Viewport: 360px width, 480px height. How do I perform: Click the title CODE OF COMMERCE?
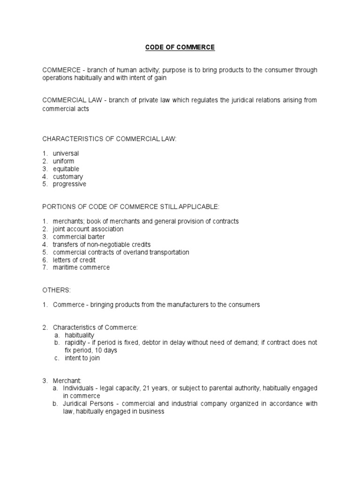click(180, 47)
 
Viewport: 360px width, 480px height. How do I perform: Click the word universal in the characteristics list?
click(66, 153)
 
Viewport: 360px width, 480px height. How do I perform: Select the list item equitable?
click(66, 169)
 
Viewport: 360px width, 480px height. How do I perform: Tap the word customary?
click(68, 177)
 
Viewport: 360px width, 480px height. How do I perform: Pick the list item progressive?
click(69, 184)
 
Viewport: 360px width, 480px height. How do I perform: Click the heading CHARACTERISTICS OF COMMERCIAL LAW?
click(109, 138)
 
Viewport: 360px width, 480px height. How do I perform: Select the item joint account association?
click(88, 229)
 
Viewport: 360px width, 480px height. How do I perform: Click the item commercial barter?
click(79, 237)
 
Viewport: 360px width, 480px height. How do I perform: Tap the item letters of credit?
click(74, 260)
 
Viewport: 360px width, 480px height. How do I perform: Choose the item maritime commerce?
click(81, 267)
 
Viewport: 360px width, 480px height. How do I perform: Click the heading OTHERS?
click(57, 290)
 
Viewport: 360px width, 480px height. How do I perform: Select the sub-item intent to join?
click(82, 358)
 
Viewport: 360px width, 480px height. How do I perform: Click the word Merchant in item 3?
click(67, 381)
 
